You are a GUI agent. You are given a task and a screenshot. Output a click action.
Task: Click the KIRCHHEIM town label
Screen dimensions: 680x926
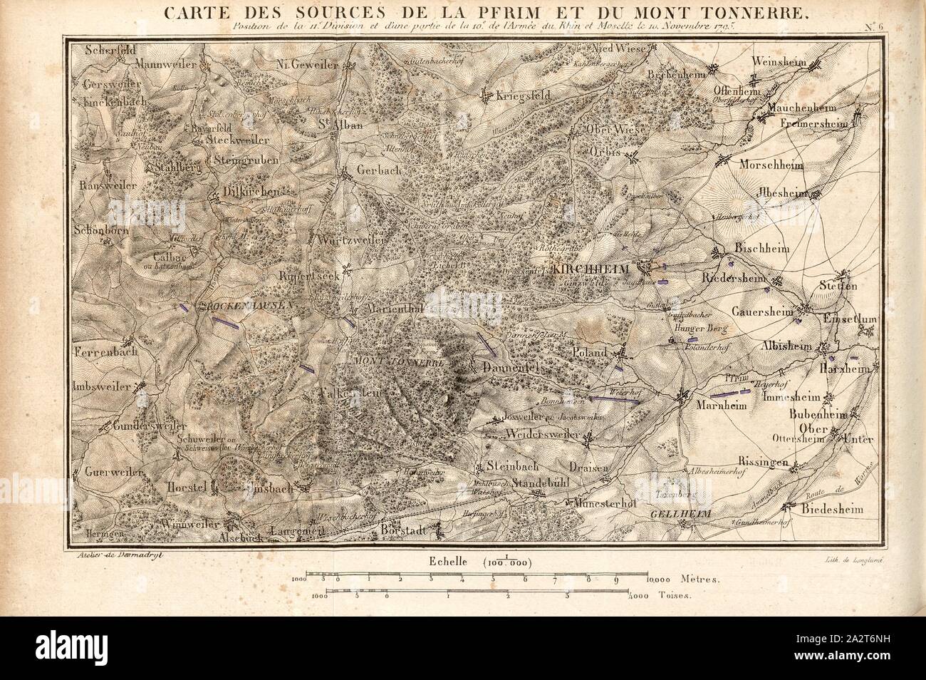[x=603, y=269]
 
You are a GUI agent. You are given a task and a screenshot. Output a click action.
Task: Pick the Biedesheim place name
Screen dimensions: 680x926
[x=831, y=510]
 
